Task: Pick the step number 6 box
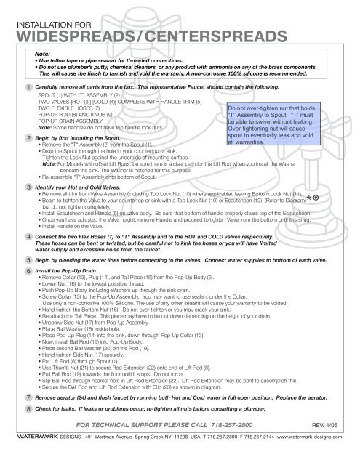point(26,311)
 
